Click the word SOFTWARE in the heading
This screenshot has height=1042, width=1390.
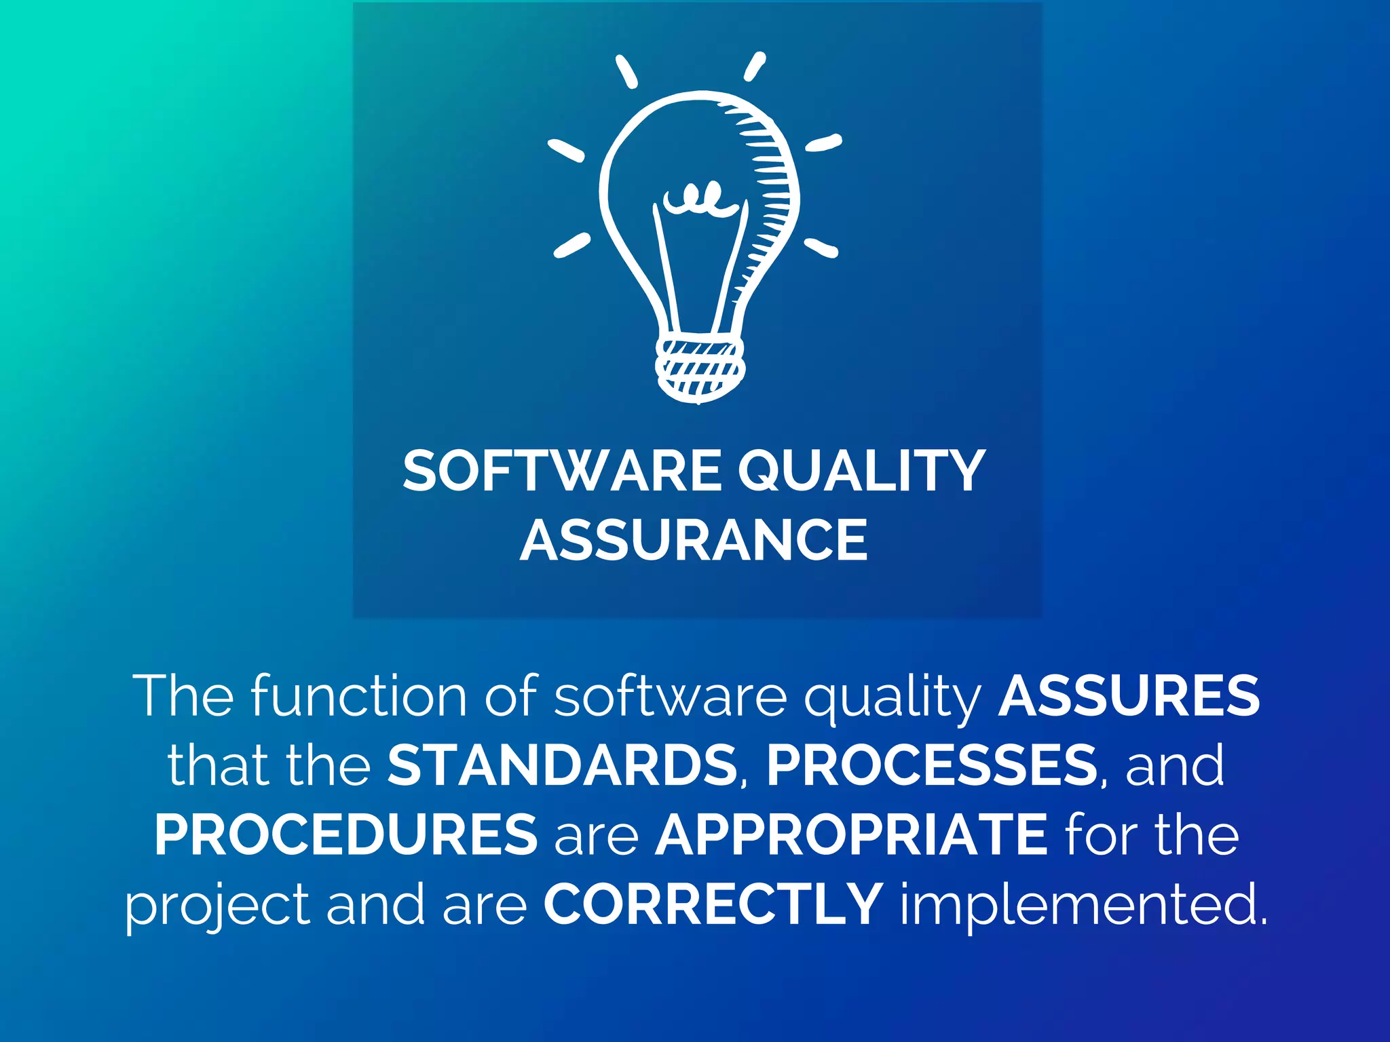coord(562,471)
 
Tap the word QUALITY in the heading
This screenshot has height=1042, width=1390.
coord(861,471)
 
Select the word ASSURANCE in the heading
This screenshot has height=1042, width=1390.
coord(694,541)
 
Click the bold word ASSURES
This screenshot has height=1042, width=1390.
coord(1129,696)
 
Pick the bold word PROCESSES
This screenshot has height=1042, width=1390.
coord(931,765)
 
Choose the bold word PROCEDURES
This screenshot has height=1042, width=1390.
coord(346,834)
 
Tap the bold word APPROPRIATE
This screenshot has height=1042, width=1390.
coord(851,834)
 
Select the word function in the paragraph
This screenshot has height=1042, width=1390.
coord(359,696)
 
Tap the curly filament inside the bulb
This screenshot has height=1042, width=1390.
coord(699,198)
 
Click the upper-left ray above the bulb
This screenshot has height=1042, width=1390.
coord(626,72)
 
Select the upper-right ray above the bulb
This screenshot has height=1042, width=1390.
coord(755,67)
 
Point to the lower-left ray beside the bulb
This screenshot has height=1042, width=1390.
coord(571,245)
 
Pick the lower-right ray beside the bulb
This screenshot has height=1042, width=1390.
coord(821,248)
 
